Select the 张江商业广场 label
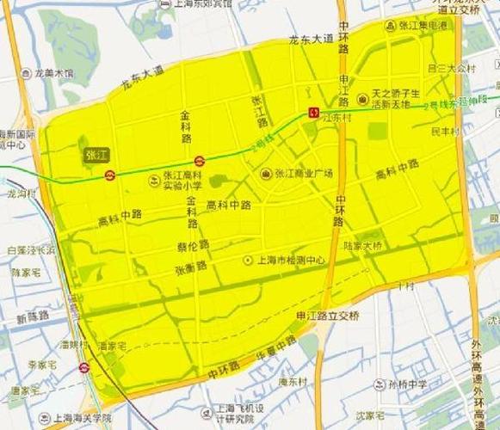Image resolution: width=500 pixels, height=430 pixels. click(297, 173)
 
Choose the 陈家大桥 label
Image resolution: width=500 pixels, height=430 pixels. click(362, 246)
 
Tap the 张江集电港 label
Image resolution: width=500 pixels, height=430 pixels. click(421, 26)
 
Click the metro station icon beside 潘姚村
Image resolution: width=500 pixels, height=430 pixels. click(83, 367)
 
